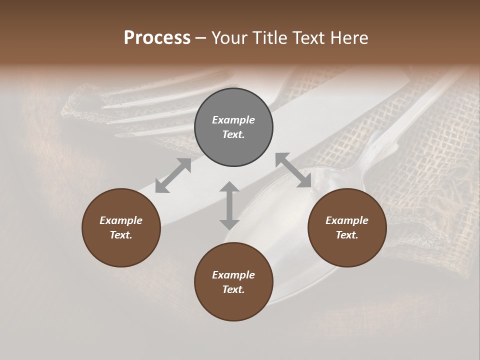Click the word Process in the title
tap(157, 38)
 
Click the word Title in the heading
tap(270, 38)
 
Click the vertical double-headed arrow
tap(229, 205)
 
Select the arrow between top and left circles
tap(173, 175)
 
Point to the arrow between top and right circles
tap(293, 170)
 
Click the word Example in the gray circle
tap(233, 120)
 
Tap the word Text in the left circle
tap(121, 235)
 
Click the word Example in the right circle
tap(347, 220)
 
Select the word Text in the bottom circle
tap(233, 289)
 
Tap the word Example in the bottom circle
tap(233, 275)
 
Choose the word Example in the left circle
tap(121, 220)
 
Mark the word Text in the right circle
tap(347, 235)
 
